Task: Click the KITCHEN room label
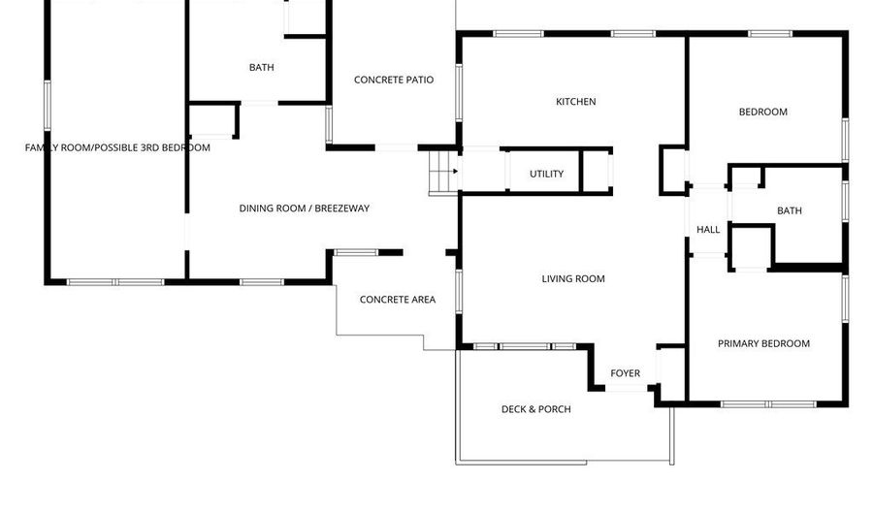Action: point(575,102)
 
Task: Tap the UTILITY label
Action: point(546,175)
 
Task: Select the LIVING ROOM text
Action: point(572,279)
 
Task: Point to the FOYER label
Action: point(625,373)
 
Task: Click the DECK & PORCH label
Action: point(535,409)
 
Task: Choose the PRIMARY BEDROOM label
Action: point(763,343)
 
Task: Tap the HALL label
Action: point(708,230)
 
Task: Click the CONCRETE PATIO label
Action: point(393,80)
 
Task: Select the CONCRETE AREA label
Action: point(398,300)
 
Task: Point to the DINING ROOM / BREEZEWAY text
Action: point(305,208)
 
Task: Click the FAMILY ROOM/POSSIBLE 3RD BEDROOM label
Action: point(117,147)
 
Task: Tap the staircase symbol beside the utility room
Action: point(443,175)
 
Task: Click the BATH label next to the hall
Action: point(790,210)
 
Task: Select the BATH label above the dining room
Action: point(261,68)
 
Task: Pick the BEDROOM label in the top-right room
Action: point(763,112)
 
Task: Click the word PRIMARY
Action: point(738,343)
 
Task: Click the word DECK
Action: point(514,409)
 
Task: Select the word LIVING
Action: point(557,279)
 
